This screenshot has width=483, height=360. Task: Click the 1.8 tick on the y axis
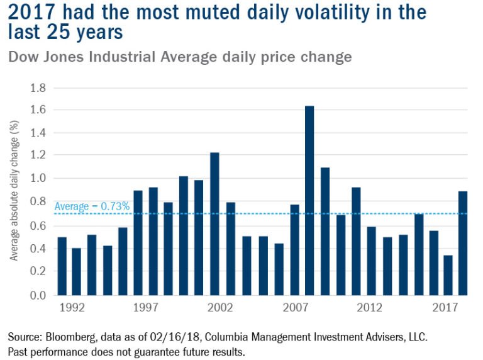pos(38,87)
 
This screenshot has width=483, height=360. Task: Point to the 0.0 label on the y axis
pos(38,295)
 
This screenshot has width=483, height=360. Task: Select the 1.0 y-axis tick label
pos(38,179)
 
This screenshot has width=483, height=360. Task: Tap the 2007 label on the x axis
pos(295,308)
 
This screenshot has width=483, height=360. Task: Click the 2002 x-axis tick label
pos(216,308)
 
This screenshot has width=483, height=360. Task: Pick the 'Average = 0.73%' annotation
pos(92,206)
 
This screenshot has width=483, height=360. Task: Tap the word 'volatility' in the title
pos(340,12)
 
